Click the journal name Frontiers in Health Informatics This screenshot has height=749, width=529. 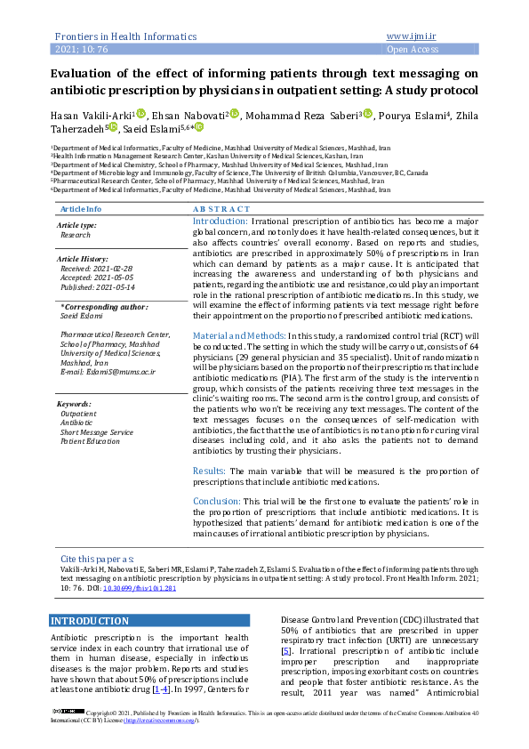tap(125, 36)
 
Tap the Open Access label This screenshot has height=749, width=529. tap(413, 50)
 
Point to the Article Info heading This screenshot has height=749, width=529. tap(80, 208)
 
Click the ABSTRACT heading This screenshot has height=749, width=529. tap(221, 208)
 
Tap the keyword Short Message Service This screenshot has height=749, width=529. tap(97, 431)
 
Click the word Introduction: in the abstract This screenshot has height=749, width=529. tap(220, 221)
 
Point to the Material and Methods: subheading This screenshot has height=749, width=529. tap(233, 334)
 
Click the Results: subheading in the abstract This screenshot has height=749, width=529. tap(209, 470)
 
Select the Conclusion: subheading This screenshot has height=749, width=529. tap(216, 501)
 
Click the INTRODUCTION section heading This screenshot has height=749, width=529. tap(90, 621)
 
